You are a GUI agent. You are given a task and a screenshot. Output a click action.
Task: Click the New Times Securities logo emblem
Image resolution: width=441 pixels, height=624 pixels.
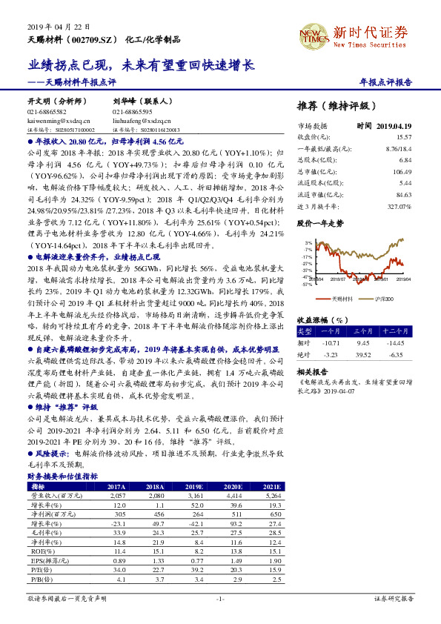[x=311, y=34]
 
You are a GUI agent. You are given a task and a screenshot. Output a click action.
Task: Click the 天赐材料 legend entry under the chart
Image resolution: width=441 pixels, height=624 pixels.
[x=342, y=298]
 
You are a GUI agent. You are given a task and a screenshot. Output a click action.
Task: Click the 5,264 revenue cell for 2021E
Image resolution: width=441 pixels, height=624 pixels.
[x=273, y=495]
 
